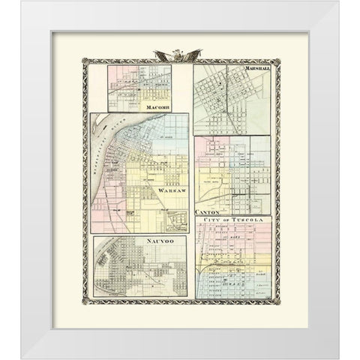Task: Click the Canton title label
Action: (205, 212)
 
